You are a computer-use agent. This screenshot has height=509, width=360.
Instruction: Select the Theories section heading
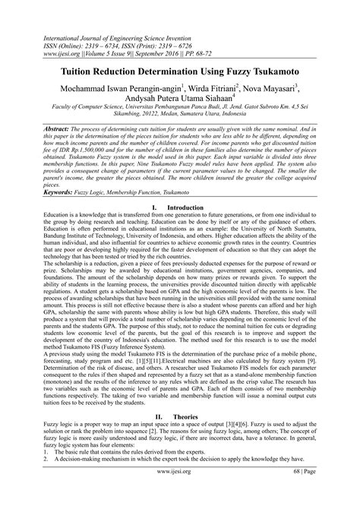tap(188, 417)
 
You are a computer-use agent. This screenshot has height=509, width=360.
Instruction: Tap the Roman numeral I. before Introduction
tap(155, 206)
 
